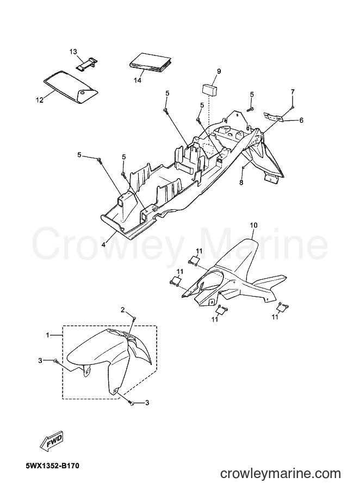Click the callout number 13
pyautogui.click(x=73, y=51)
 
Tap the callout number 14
pyautogui.click(x=137, y=80)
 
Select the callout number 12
pyautogui.click(x=39, y=101)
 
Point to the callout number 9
pyautogui.click(x=219, y=71)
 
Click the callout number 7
pyautogui.click(x=293, y=92)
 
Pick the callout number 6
pyautogui.click(x=301, y=120)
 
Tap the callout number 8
pyautogui.click(x=241, y=183)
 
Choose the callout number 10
pyautogui.click(x=253, y=225)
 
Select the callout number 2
pyautogui.click(x=122, y=310)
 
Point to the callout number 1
pyautogui.click(x=47, y=335)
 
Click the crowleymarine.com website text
pyautogui.click(x=280, y=474)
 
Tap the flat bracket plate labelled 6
pyautogui.click(x=274, y=116)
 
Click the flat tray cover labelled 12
pyautogui.click(x=70, y=86)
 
